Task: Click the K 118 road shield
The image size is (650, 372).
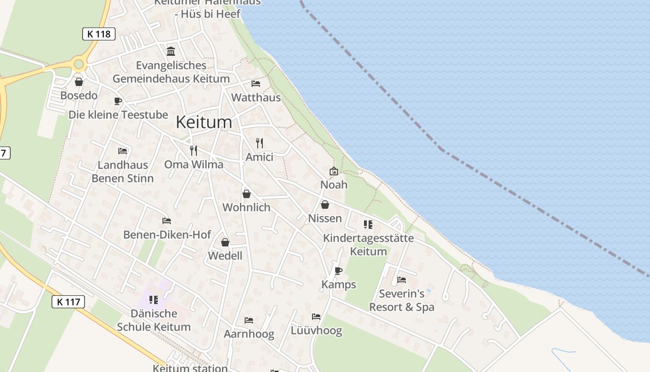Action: click(99, 34)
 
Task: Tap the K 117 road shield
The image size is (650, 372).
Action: click(68, 302)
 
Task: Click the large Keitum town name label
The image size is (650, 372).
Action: click(204, 122)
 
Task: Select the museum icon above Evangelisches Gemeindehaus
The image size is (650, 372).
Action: click(171, 51)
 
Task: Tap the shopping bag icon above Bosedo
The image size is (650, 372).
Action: click(79, 82)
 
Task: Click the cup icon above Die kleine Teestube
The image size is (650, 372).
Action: click(118, 101)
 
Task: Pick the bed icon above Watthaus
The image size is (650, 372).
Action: click(256, 84)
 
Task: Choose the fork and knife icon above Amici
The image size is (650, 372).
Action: click(260, 143)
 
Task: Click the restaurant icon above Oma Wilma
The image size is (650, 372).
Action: click(194, 150)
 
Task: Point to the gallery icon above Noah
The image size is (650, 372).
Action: click(333, 171)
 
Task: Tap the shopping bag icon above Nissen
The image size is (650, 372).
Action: click(325, 205)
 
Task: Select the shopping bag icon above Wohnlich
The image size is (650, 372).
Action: click(247, 194)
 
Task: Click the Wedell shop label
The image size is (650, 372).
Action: click(225, 256)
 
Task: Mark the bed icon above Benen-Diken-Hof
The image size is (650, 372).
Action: click(167, 220)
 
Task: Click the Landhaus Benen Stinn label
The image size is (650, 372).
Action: click(123, 172)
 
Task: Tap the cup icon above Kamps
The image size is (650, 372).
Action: click(338, 271)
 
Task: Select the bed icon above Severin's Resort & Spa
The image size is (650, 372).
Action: click(402, 280)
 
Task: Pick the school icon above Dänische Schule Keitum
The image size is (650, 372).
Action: click(154, 300)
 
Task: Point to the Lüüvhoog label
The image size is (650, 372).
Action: click(316, 331)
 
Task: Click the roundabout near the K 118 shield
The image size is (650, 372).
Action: click(78, 64)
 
